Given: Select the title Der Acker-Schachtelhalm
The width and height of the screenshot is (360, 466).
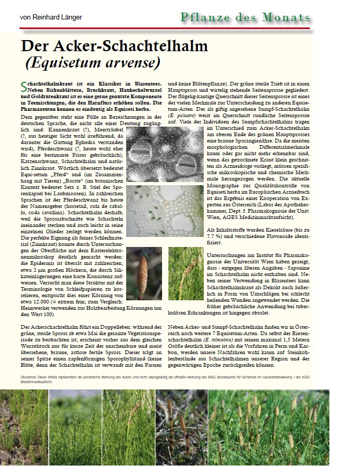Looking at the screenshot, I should click(111, 46).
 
